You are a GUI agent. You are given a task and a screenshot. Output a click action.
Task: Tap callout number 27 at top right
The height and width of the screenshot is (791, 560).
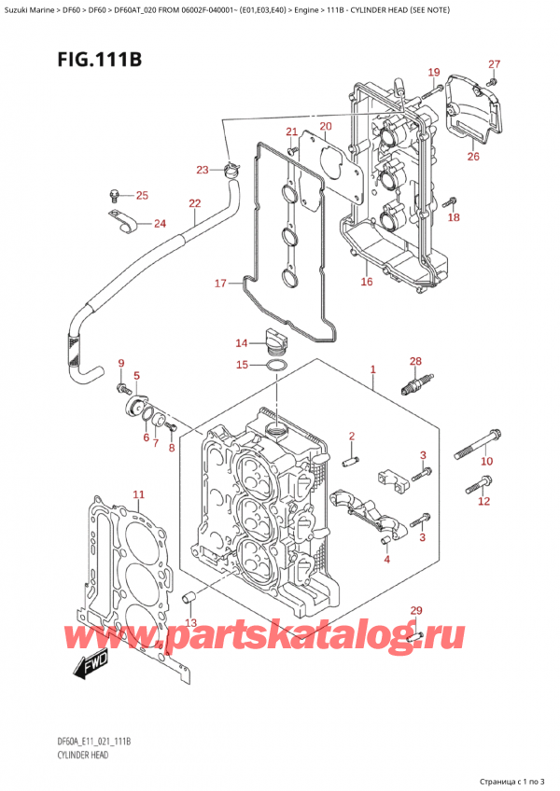click(x=494, y=64)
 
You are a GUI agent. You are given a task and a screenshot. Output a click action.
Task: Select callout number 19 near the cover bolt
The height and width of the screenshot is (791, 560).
click(x=433, y=73)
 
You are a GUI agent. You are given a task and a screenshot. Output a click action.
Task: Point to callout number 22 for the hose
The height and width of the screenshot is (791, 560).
click(x=194, y=203)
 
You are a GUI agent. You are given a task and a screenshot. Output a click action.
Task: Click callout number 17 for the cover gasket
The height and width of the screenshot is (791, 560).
click(x=220, y=284)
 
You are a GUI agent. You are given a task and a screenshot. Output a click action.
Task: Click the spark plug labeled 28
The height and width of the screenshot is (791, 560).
click(x=416, y=384)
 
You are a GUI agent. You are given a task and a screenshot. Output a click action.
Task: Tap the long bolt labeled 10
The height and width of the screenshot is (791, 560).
click(x=477, y=444)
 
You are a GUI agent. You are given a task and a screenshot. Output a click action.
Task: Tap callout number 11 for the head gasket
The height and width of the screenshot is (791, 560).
click(x=138, y=494)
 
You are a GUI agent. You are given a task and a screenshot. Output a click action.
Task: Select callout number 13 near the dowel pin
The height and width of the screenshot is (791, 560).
click(x=190, y=622)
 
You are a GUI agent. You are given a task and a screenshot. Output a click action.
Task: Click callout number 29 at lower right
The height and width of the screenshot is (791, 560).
click(x=416, y=611)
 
